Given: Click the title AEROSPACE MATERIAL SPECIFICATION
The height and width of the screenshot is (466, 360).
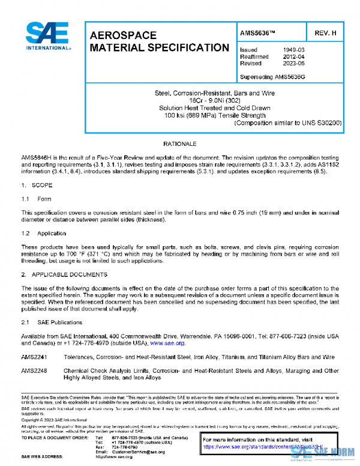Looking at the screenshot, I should point(158,41).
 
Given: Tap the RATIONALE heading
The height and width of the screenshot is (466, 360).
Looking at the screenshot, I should point(180,145).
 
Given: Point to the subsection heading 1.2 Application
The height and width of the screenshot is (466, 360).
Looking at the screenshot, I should point(43,232).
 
